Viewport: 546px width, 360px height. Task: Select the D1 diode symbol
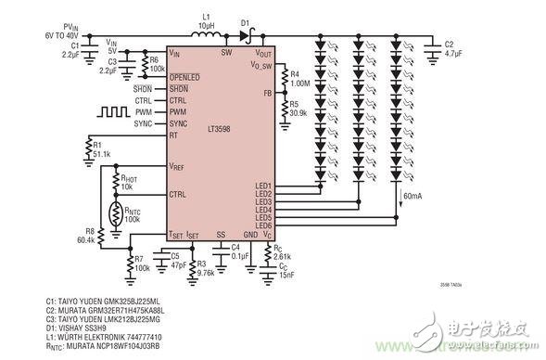(x=245, y=37)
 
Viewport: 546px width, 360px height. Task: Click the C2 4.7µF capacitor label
(x=452, y=49)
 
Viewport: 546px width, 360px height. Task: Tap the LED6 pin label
(x=264, y=226)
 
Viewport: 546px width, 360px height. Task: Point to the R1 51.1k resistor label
(x=102, y=148)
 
